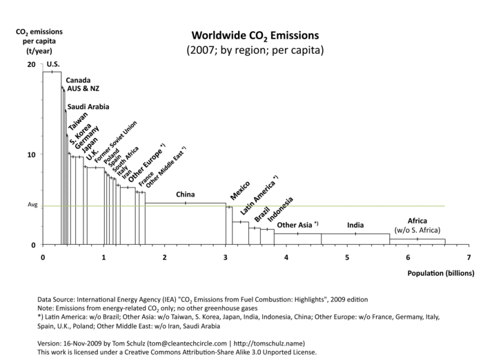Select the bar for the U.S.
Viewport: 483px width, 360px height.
52,159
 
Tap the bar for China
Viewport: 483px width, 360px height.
185,224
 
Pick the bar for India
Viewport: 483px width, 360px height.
355,239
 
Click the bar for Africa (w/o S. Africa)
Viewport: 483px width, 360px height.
417,242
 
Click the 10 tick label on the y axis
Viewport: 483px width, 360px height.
30,154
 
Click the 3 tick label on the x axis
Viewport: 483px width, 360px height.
226,257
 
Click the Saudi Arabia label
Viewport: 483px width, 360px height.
88,107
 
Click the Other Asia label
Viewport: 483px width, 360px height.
296,225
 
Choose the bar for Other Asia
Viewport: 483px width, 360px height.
297,239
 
